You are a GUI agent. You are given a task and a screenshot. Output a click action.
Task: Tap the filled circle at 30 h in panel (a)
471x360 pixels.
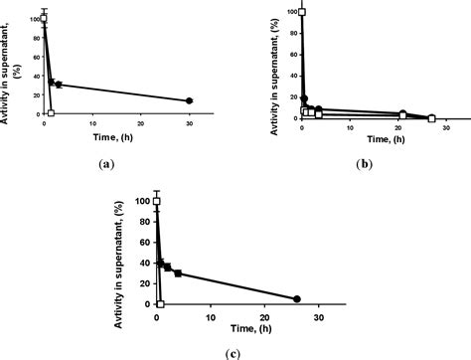[x=189, y=101]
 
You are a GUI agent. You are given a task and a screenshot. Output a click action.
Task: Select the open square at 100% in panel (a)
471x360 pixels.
[x=44, y=18]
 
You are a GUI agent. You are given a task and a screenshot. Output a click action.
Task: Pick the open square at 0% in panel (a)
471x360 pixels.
[x=51, y=113]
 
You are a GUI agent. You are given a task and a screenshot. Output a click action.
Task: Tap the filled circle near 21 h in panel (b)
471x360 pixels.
[x=402, y=113]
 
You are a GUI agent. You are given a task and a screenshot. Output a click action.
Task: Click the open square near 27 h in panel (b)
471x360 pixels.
[x=431, y=118]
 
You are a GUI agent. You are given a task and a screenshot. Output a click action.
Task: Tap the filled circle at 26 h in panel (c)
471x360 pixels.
[x=296, y=299]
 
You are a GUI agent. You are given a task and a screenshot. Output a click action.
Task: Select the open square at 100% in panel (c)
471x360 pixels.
[x=156, y=201]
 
